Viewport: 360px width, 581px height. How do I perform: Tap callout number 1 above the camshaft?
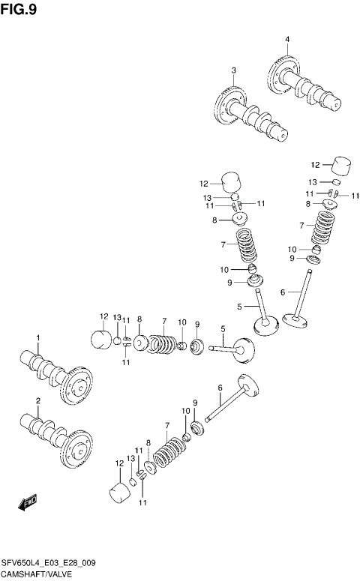click(38, 337)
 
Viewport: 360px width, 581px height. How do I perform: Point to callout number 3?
click(233, 70)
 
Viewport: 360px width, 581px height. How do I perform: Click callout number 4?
click(286, 39)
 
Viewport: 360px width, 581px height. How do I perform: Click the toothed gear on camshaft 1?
click(76, 387)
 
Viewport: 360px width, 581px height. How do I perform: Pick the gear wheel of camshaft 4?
click(280, 73)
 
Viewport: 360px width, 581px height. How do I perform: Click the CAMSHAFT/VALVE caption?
click(38, 573)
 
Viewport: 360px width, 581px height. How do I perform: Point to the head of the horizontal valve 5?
click(243, 349)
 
